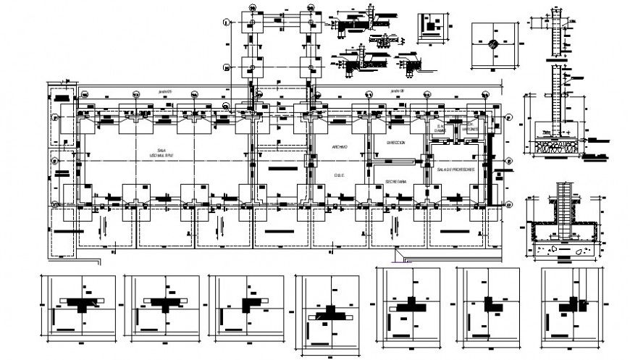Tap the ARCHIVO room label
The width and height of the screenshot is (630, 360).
pos(340,148)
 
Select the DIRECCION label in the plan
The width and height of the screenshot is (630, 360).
pos(395,143)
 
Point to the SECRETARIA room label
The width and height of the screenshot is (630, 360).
pos(395,180)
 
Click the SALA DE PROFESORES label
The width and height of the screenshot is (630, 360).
pos(455,169)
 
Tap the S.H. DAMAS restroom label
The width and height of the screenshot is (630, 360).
pos(439,128)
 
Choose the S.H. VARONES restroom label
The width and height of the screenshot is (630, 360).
pos(469,130)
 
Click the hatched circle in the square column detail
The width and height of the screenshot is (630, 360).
pos(492,43)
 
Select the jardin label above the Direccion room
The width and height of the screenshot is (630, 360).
pos(395,92)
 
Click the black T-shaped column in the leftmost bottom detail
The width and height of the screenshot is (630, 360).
pos(83,304)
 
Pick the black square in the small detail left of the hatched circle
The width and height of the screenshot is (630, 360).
pos(432,28)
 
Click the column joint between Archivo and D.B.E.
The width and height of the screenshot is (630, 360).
pos(311,161)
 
